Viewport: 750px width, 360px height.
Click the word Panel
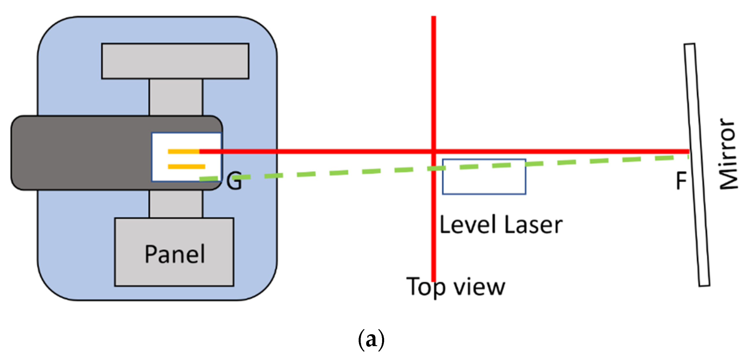click(175, 254)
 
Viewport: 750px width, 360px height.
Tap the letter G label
click(234, 181)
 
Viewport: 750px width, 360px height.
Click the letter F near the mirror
click(681, 180)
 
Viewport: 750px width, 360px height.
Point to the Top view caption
click(456, 287)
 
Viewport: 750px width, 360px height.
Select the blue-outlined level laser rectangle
click(484, 183)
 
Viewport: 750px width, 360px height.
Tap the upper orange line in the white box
click(183, 151)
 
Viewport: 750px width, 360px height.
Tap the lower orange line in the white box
click(186, 167)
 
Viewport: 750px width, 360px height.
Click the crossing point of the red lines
click(434, 151)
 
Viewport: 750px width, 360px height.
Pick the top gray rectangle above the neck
click(175, 61)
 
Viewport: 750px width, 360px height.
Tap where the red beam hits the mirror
click(689, 151)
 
